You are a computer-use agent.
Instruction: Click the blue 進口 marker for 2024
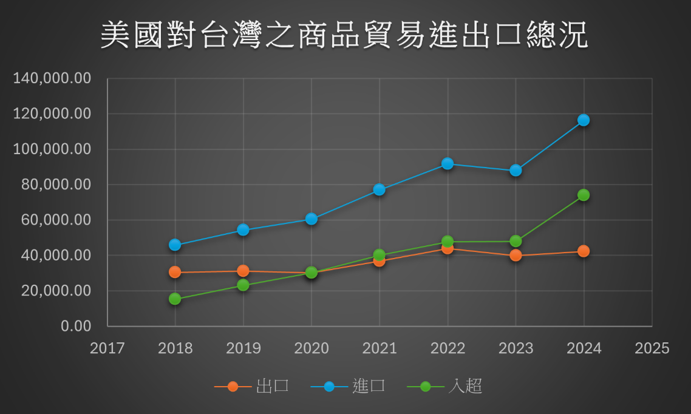pos(584,120)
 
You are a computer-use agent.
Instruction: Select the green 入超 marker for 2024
pos(584,195)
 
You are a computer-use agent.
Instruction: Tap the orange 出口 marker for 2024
pos(584,251)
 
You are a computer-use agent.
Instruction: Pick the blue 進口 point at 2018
pos(175,245)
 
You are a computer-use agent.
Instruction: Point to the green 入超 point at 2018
pos(175,299)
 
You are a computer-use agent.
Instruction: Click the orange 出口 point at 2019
pos(243,271)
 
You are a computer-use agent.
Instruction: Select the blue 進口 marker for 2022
pos(448,163)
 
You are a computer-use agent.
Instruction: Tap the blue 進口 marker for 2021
pos(379,189)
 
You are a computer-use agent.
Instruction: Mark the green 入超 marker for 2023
pos(516,241)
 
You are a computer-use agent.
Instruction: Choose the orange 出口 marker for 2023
pos(516,256)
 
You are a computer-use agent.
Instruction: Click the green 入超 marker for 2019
pos(243,285)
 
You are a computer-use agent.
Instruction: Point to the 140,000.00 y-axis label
pos(52,79)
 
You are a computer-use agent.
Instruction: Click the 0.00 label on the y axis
pos(76,326)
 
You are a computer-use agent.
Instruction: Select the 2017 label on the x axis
pos(107,348)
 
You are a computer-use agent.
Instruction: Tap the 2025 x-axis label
pos(652,348)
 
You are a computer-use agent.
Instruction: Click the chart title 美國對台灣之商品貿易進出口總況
pos(344,35)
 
